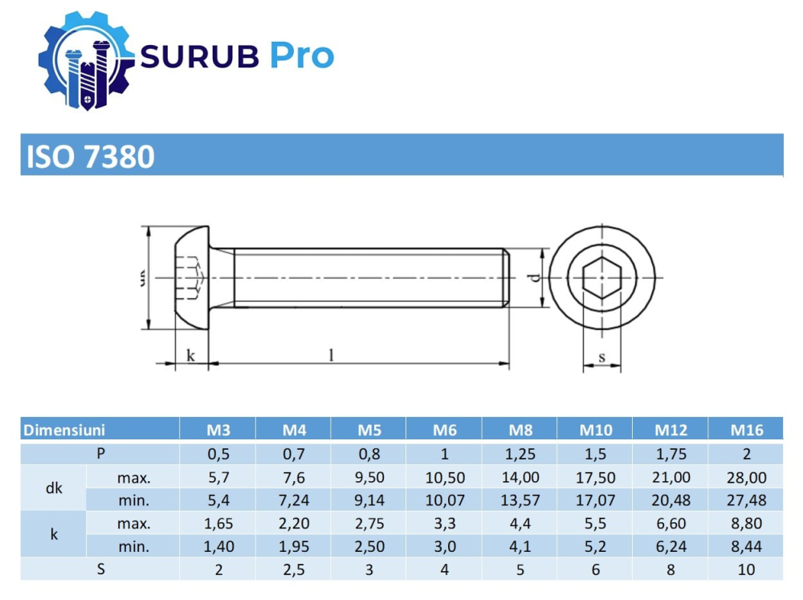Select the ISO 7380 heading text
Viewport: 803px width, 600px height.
point(91,156)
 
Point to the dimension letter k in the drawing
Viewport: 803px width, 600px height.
point(190,354)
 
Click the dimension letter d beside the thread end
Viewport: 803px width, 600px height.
point(532,278)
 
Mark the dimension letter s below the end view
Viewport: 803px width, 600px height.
point(601,357)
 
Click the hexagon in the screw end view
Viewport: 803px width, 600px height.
point(601,278)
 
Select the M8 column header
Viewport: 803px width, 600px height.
point(520,430)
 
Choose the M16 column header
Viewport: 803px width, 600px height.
point(746,430)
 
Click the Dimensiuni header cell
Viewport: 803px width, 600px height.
point(64,430)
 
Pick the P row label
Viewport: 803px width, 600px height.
point(100,453)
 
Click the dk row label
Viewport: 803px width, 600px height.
point(53,488)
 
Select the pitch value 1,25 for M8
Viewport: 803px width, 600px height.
point(520,453)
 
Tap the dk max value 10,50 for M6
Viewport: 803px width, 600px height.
point(444,477)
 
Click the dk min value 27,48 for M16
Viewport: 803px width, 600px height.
point(746,500)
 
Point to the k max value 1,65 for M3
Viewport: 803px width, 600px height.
point(218,523)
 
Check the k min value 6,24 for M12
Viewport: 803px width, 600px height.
point(671,546)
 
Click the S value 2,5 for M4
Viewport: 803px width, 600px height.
point(293,569)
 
